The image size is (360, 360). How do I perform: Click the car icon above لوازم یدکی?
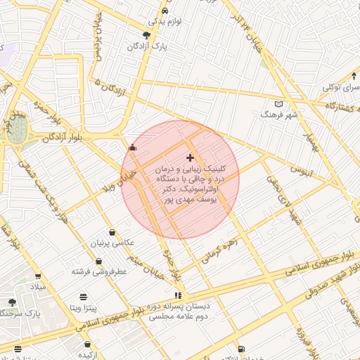[164, 11]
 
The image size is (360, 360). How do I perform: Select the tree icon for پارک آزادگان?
[146, 35]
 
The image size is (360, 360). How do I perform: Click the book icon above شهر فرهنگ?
[279, 103]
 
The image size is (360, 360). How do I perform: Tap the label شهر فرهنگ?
[279, 114]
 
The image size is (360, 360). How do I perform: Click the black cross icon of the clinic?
[190, 157]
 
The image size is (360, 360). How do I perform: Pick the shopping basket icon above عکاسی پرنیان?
[112, 233]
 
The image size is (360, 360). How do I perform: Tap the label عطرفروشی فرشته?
[98, 270]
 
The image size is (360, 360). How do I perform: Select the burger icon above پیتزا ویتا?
[84, 297]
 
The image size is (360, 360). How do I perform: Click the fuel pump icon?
[241, 349]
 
